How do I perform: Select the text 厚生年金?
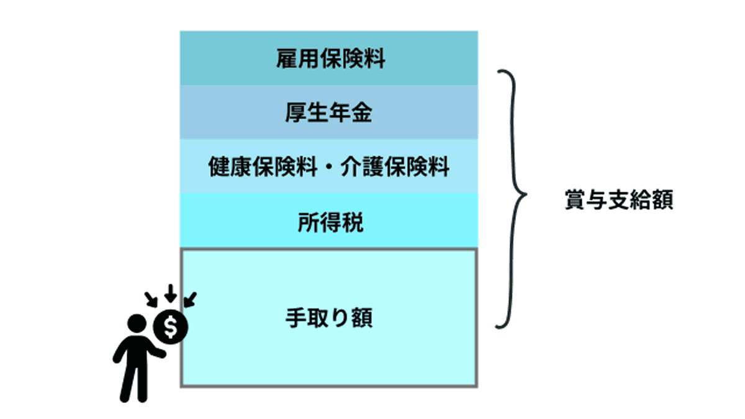330,114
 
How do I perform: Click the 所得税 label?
330,222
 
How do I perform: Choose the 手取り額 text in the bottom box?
329,318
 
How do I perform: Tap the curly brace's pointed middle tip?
525,198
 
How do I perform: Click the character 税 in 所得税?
352,222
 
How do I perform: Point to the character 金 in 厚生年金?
363,114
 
